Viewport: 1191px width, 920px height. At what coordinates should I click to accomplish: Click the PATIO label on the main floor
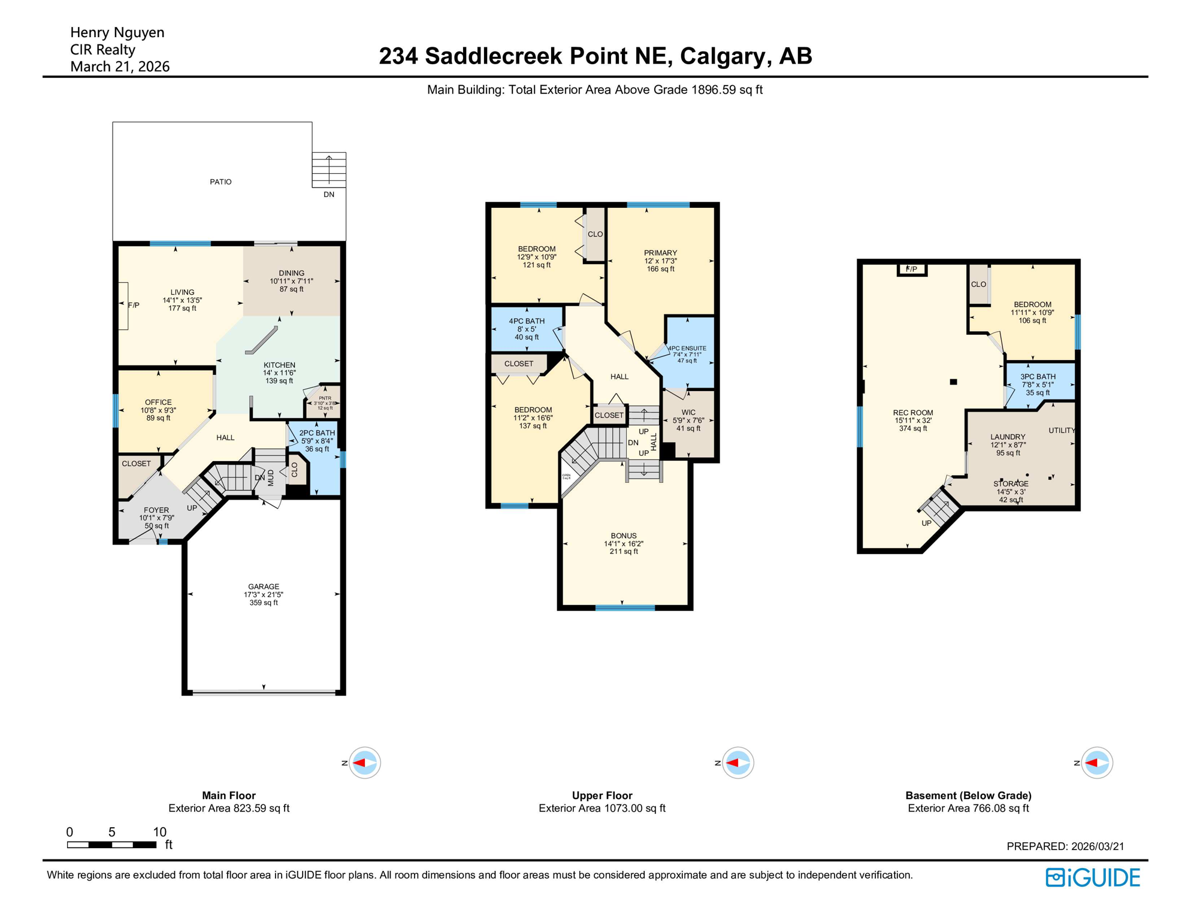[220, 181]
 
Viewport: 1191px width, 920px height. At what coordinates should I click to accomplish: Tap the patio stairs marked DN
[329, 170]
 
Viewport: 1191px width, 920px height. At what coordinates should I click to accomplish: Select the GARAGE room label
[264, 587]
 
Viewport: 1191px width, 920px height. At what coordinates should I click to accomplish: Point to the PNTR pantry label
[325, 398]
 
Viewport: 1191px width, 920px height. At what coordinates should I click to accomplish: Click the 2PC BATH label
[317, 433]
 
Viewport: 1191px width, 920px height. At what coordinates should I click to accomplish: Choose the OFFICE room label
[158, 402]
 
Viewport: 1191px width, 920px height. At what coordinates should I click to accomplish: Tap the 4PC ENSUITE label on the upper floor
[687, 348]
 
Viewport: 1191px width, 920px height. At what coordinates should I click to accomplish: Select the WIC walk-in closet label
[688, 413]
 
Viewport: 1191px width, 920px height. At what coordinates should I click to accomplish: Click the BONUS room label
[624, 536]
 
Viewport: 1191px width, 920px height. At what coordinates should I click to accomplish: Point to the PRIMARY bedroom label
[660, 253]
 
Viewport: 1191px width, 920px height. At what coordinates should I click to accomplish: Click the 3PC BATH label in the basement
[1038, 377]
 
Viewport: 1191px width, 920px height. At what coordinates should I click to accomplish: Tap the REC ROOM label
[913, 413]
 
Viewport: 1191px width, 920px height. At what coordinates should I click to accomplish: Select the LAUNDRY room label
[1008, 437]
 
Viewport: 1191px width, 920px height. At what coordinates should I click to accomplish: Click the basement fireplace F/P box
[912, 270]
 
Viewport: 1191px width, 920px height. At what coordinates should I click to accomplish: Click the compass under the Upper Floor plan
[737, 762]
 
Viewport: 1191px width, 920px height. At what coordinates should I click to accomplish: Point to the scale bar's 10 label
[159, 832]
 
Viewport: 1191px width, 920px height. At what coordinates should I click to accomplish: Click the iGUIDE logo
[1093, 877]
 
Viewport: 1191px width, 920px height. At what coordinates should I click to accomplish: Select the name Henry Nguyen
[117, 32]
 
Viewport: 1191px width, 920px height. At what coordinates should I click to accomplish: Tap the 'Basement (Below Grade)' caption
[968, 795]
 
